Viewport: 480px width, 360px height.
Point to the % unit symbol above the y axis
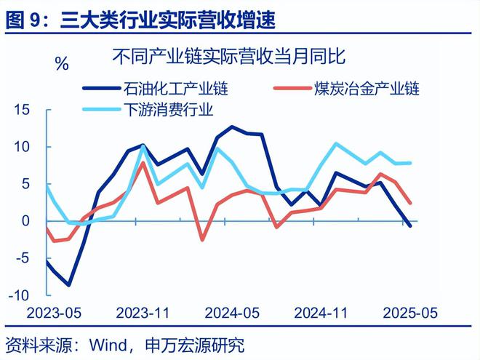[x=62, y=64]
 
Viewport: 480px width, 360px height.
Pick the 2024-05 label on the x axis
[x=231, y=313]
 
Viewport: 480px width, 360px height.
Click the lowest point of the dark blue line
[x=68, y=285]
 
